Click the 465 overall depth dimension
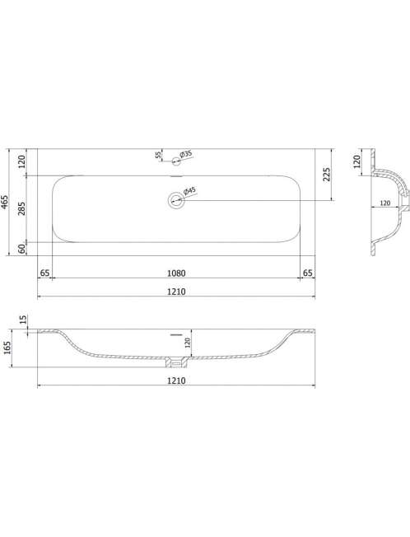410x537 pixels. click(4, 202)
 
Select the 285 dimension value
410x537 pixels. click(21, 208)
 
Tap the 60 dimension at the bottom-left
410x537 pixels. click(21, 249)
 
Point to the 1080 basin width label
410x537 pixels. click(176, 273)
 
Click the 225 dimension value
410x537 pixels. click(327, 175)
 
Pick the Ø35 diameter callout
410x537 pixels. click(185, 155)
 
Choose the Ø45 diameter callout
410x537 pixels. click(189, 191)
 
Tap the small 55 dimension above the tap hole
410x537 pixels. click(158, 155)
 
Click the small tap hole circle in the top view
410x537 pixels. click(176, 161)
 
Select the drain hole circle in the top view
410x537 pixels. click(176, 199)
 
